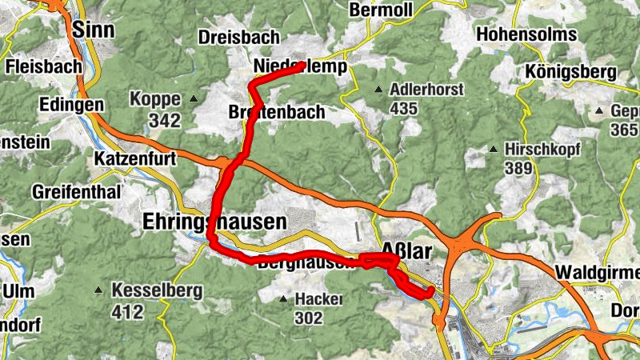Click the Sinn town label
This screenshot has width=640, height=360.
tap(93, 30)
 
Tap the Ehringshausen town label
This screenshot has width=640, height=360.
tap(214, 221)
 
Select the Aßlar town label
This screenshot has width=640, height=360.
tap(407, 251)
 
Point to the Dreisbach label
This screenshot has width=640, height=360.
tap(238, 38)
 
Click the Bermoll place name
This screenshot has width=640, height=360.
tap(380, 10)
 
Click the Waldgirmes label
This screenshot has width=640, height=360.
tap(596, 270)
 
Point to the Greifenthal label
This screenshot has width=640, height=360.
tap(76, 192)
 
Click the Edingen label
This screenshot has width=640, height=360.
tap(70, 105)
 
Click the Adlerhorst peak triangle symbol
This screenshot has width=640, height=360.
tap(378, 89)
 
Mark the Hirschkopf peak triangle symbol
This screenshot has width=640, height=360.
tap(494, 149)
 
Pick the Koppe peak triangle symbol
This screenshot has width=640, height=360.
tap(194, 99)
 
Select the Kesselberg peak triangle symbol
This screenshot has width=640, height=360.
tap(98, 290)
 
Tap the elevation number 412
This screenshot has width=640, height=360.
tap(127, 310)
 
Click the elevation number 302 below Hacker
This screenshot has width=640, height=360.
tap(308, 318)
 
